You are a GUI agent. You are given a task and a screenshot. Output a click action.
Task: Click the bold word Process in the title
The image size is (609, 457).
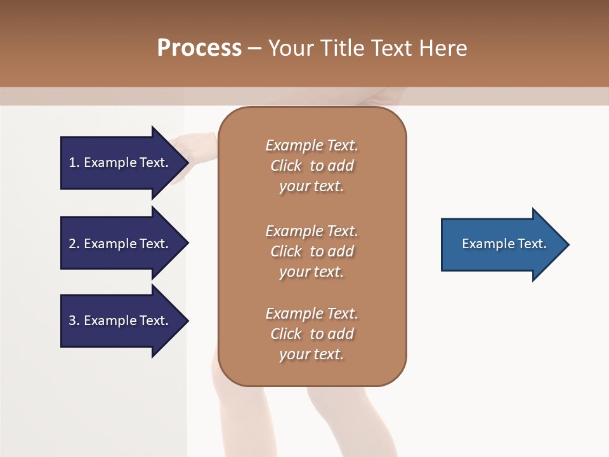(199, 48)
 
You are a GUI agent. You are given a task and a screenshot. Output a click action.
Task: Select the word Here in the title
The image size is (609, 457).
(445, 48)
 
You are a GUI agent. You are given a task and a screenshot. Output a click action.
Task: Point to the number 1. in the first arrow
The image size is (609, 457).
(74, 162)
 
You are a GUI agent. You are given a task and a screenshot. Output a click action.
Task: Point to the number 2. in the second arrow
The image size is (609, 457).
(74, 244)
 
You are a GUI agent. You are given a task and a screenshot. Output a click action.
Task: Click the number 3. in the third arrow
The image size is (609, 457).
(74, 321)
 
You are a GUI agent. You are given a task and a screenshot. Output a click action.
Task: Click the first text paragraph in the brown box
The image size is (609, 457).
(311, 166)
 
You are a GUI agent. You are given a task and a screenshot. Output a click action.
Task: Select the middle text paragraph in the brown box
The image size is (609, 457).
(311, 251)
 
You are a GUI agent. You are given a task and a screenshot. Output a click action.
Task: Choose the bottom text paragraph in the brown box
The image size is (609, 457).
(311, 334)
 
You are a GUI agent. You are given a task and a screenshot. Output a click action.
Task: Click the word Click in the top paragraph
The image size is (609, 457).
(286, 166)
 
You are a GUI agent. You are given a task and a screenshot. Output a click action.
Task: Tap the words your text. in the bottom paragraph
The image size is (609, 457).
(311, 354)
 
